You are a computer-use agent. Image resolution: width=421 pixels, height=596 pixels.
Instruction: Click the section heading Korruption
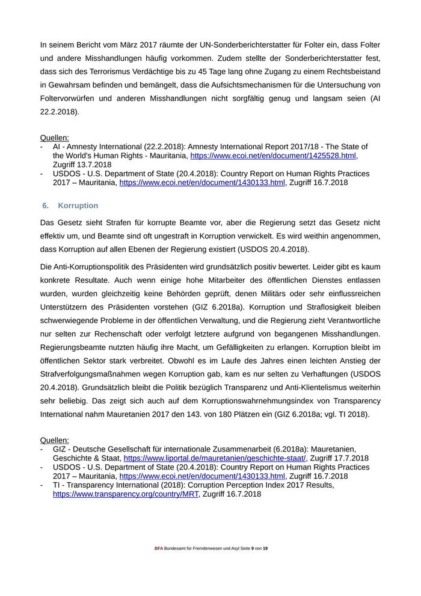click(78, 206)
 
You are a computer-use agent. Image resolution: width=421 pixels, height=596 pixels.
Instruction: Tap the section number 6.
click(45, 206)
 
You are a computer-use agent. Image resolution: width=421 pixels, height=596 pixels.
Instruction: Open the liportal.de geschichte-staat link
click(215, 458)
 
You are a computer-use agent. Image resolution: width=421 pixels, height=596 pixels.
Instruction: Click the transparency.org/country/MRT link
click(126, 494)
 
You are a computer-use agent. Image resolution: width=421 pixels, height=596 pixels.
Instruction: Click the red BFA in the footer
click(159, 549)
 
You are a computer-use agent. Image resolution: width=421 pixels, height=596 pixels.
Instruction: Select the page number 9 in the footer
click(253, 549)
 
